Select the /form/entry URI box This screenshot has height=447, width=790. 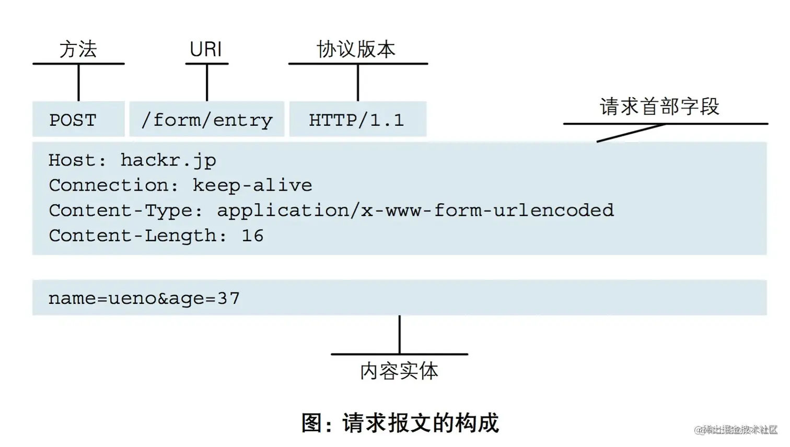(x=207, y=120)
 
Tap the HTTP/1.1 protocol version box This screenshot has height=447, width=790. (x=357, y=120)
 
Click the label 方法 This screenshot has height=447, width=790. (x=78, y=50)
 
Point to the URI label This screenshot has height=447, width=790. (x=206, y=50)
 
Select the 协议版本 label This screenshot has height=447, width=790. (x=356, y=50)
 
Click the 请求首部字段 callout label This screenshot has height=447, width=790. (x=659, y=107)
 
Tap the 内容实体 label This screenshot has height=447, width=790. (x=399, y=371)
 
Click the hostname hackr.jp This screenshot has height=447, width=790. (x=168, y=160)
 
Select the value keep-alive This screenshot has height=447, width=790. (x=252, y=185)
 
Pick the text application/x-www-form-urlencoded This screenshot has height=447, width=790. (x=415, y=210)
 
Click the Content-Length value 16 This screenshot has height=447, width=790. (x=252, y=236)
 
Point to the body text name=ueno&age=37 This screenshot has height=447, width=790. (x=144, y=298)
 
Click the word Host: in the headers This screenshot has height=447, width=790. (x=77, y=160)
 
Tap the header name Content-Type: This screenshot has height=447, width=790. (x=126, y=210)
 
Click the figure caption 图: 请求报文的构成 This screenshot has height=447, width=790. (x=400, y=423)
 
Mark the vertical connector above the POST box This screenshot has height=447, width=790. (x=78, y=83)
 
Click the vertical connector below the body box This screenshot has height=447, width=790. (x=400, y=334)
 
